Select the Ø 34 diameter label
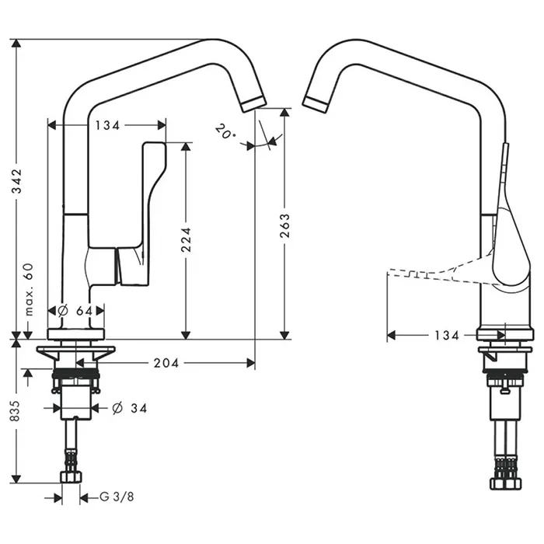coord(129,408)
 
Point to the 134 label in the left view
coord(106,124)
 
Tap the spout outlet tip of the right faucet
coord(315,103)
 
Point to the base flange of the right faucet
coord(505,335)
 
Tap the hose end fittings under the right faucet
coord(505,470)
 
